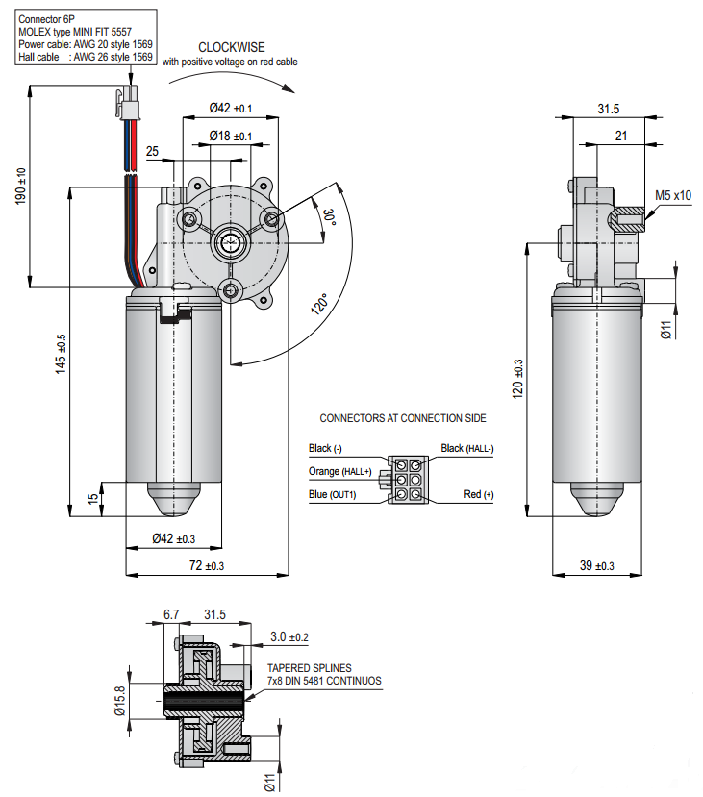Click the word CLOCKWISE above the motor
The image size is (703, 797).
point(231,46)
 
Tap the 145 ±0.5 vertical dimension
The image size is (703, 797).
point(61,353)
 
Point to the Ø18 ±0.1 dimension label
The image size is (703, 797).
point(230,137)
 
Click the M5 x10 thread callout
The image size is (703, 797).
point(672,195)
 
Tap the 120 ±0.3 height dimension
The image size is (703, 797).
point(518,378)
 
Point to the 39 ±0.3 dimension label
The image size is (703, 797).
point(597,566)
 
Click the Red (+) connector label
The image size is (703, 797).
point(478,494)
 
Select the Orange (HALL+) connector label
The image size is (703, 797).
point(339,471)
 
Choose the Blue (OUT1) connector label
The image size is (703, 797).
point(332,494)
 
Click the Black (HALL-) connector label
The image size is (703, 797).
point(467,448)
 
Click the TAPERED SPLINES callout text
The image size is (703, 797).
point(309,667)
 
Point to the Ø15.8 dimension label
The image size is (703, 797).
point(119,700)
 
